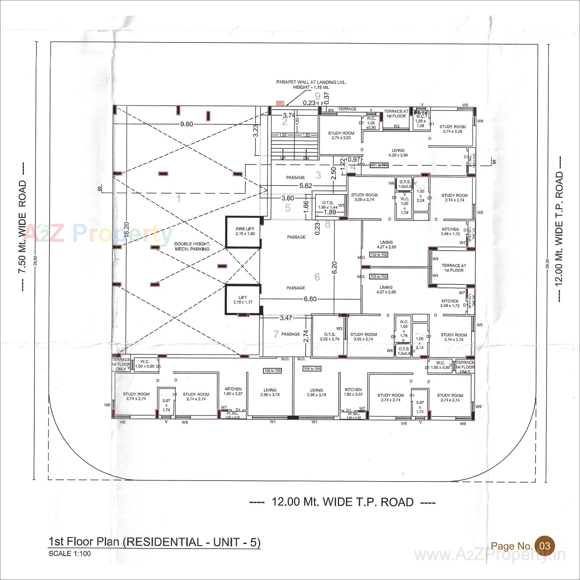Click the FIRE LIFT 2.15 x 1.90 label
(x=245, y=231)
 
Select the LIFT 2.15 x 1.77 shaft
(x=243, y=300)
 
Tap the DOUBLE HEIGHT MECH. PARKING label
(x=192, y=246)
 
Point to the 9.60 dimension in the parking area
(x=186, y=124)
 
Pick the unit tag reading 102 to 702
(x=379, y=255)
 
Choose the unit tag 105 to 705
(x=272, y=371)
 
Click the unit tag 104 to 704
(x=312, y=369)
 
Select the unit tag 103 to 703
(x=379, y=277)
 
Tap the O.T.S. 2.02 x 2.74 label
(x=330, y=337)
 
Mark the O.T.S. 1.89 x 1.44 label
(x=328, y=205)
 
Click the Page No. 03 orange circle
(x=545, y=537)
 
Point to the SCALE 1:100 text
(x=70, y=554)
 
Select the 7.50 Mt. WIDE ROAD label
(x=23, y=227)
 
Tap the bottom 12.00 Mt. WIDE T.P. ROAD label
(x=343, y=502)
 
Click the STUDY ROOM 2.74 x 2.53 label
(x=341, y=135)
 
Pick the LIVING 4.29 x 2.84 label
(x=398, y=153)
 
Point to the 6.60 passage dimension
(x=310, y=299)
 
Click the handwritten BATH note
(x=422, y=113)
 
